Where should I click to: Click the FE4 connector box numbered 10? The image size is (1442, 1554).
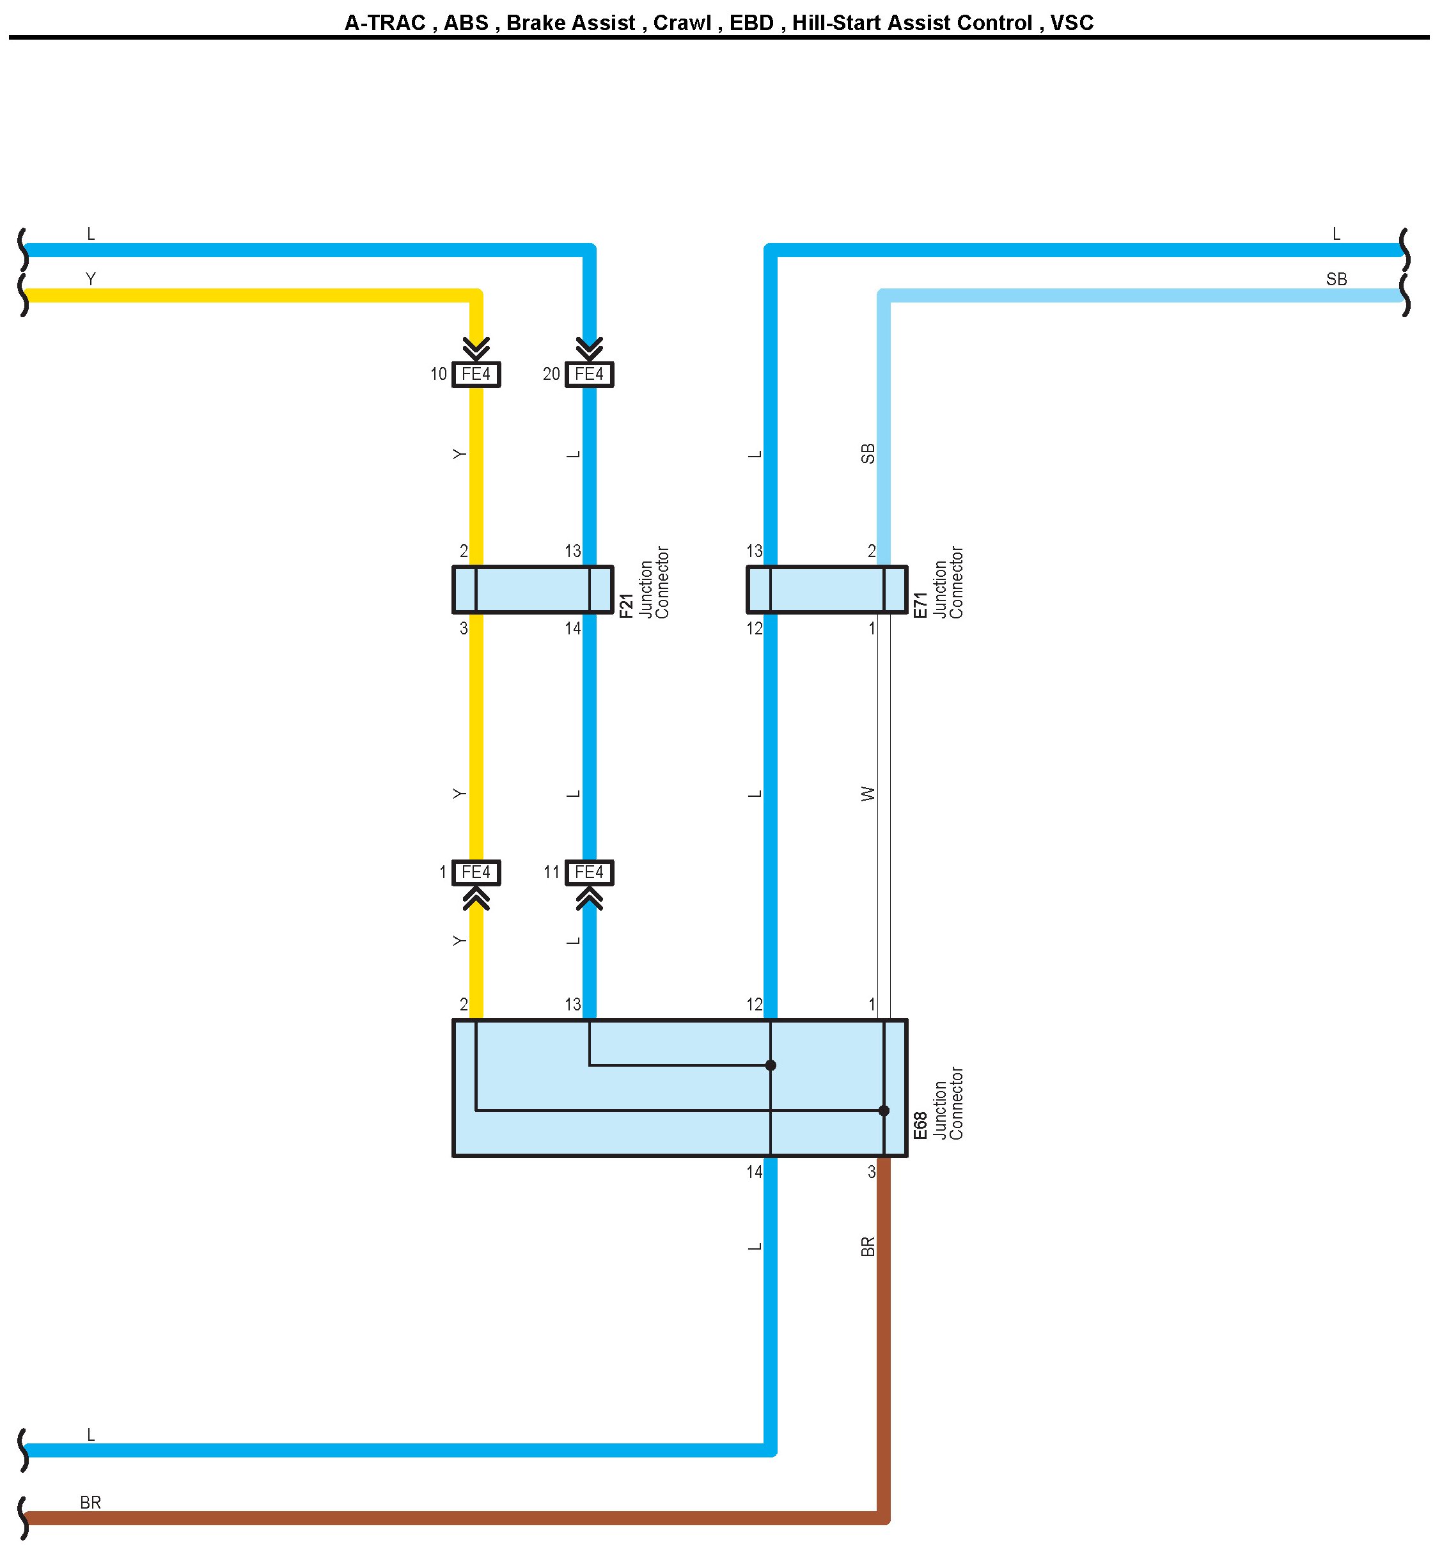pyautogui.click(x=476, y=375)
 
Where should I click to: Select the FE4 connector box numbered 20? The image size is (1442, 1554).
pyautogui.click(x=589, y=375)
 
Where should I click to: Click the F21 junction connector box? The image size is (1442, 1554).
pyautogui.click(x=533, y=589)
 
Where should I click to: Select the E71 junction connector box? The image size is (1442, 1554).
pyautogui.click(x=827, y=589)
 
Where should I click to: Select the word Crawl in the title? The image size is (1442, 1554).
pyautogui.click(x=682, y=22)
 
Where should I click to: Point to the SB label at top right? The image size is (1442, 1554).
pyautogui.click(x=1336, y=279)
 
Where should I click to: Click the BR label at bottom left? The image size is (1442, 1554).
pyautogui.click(x=91, y=1502)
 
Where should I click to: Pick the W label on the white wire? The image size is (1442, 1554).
pyautogui.click(x=868, y=794)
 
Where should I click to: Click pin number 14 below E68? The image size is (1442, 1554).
pyautogui.click(x=754, y=1172)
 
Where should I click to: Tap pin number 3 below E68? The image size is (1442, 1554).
pyautogui.click(x=872, y=1172)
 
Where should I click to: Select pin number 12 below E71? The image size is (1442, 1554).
pyautogui.click(x=754, y=628)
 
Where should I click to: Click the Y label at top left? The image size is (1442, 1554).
pyautogui.click(x=91, y=279)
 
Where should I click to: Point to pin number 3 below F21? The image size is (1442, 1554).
pyautogui.click(x=464, y=628)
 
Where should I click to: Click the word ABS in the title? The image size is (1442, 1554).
pyautogui.click(x=466, y=22)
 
